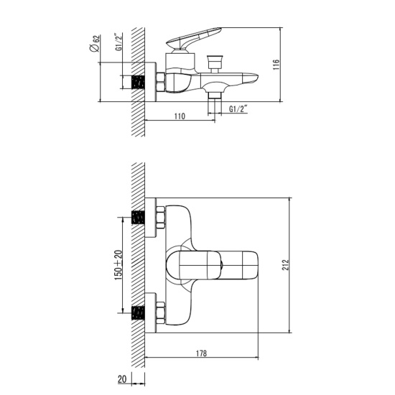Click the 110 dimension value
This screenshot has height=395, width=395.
pos(179,115)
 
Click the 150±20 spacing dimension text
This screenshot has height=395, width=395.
pos(118,265)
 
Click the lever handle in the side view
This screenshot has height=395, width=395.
pos(194,34)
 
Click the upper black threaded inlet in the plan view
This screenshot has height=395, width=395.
pos(140,217)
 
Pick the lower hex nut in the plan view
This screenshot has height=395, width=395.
pos(160,312)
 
